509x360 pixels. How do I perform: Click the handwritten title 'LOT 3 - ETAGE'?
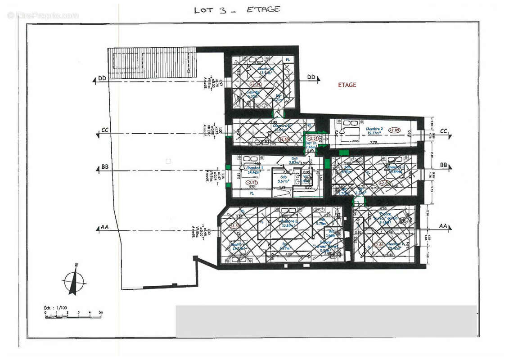237,9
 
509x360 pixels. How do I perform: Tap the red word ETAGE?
347,85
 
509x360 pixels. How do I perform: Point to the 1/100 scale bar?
73,314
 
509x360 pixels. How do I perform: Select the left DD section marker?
102,79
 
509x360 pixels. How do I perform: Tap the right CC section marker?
443,131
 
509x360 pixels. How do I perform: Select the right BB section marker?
443,165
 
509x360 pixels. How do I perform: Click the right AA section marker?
443,226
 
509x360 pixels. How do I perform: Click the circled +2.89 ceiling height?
395,130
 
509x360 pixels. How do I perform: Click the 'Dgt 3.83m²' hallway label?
295,161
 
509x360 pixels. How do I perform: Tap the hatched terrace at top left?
152,63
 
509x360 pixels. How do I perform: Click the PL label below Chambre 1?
252,193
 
